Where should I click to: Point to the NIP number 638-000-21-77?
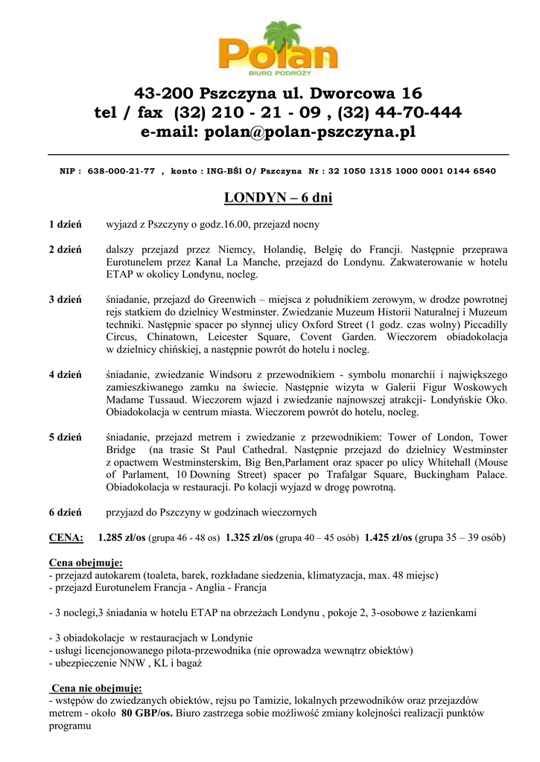tap(121, 171)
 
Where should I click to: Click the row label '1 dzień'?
tap(66, 224)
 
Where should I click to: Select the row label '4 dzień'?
tap(66, 374)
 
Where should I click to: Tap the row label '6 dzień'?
tap(66, 513)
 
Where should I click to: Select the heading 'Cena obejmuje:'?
tap(86, 563)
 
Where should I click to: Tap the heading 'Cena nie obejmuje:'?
tap(96, 688)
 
